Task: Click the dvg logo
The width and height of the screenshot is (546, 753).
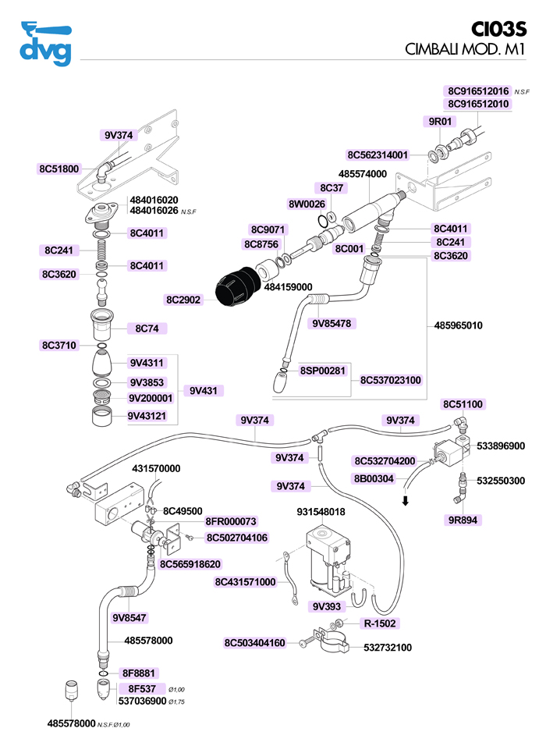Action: click(45, 44)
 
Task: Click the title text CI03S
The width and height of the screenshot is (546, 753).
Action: click(500, 29)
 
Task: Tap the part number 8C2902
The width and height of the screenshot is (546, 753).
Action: click(183, 300)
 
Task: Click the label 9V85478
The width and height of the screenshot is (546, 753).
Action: click(331, 322)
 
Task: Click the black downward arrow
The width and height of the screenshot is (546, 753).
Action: click(406, 499)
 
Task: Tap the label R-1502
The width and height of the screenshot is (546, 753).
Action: click(380, 623)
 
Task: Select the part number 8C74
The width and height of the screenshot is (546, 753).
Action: click(147, 329)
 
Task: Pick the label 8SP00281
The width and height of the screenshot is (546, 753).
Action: click(322, 370)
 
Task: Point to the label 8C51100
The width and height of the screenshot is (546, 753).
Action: click(463, 404)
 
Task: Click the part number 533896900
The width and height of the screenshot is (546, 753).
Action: click(501, 446)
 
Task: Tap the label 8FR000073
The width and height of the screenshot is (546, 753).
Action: click(231, 521)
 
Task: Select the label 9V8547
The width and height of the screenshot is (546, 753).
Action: click(129, 618)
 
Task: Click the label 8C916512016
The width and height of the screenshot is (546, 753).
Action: click(478, 91)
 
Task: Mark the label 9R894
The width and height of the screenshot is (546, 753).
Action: click(462, 518)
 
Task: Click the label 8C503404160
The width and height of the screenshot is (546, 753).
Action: click(255, 643)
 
